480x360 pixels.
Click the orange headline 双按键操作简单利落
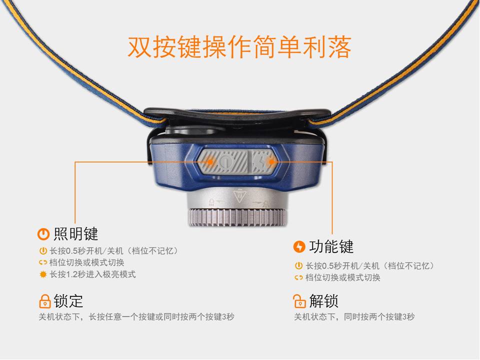pyautogui.click(x=239, y=47)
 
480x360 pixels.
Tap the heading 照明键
pyautogui.click(x=75, y=234)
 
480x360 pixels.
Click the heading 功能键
pyautogui.click(x=331, y=246)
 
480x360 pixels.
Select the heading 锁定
pyautogui.click(x=68, y=301)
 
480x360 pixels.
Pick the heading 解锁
pyautogui.click(x=323, y=301)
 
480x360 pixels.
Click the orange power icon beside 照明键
pyautogui.click(x=43, y=234)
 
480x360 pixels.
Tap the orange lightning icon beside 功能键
pyautogui.click(x=299, y=246)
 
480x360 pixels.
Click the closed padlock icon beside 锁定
pyautogui.click(x=44, y=301)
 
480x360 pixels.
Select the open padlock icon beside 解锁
pyautogui.click(x=299, y=301)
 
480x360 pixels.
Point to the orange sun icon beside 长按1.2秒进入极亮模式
pyautogui.click(x=43, y=274)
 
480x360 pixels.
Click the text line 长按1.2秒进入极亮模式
pyautogui.click(x=92, y=274)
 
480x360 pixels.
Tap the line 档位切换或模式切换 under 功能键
pyautogui.click(x=342, y=277)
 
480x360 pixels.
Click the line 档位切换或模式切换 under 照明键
pyautogui.click(x=86, y=262)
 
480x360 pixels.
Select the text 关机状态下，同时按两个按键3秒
pyautogui.click(x=354, y=317)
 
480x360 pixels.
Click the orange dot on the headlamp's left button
pyautogui.click(x=210, y=161)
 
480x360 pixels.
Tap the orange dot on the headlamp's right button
pyautogui.click(x=271, y=161)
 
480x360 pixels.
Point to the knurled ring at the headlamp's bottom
pyautogui.click(x=237, y=217)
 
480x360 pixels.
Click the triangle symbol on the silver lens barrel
pyautogui.click(x=240, y=196)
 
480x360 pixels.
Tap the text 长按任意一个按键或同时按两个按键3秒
pyautogui.click(x=161, y=317)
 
